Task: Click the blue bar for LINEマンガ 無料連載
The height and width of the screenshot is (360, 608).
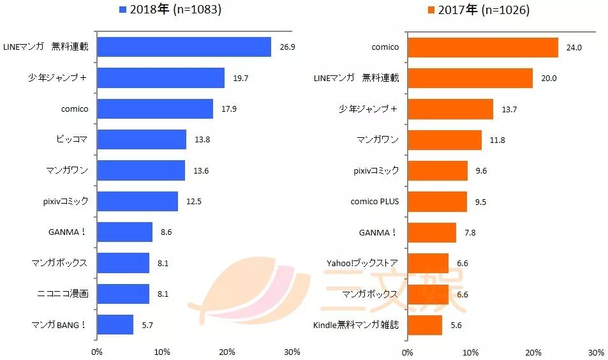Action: pos(184,47)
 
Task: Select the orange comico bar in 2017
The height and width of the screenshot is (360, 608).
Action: pos(482,47)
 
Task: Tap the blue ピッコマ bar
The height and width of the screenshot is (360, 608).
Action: pos(142,139)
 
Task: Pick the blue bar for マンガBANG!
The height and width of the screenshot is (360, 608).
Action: pos(115,325)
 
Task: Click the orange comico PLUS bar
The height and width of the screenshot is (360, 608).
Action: pos(437,202)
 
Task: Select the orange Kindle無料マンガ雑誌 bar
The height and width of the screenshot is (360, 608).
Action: pos(424,325)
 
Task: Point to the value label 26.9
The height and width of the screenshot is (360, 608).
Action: pos(287,47)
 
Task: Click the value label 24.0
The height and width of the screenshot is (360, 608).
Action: pos(575,47)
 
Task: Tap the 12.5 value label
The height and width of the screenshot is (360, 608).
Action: pos(194,202)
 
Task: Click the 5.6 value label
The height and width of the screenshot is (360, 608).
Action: pos(456,325)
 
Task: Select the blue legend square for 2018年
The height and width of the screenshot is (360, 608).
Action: pos(122,10)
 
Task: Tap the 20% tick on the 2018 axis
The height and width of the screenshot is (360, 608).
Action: pos(227,352)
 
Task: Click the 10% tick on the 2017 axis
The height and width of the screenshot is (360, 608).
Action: pos(470,352)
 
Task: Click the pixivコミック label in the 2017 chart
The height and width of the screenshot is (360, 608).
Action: pos(376,170)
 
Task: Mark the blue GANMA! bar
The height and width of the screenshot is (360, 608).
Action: pos(125,232)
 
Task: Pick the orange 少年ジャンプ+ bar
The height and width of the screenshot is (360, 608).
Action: pos(450,109)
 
